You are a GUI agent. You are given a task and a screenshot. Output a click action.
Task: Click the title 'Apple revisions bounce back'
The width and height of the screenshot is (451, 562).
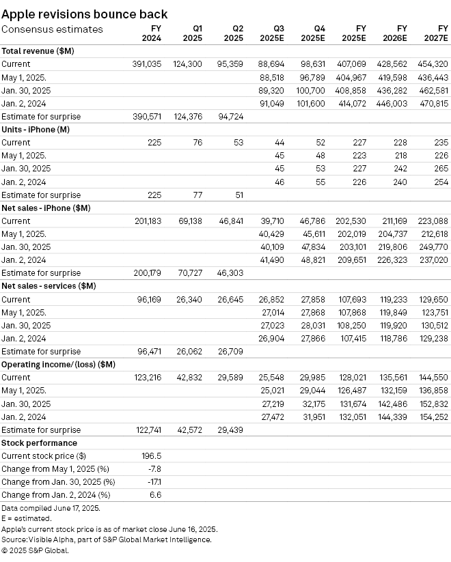[x=85, y=14]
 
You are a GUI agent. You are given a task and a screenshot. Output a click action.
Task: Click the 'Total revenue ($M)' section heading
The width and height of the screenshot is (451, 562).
[x=38, y=51]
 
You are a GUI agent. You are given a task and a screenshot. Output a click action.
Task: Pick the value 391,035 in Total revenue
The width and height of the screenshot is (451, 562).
[x=147, y=64]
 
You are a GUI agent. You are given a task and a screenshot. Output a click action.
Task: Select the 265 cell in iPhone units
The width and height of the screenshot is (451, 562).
[x=441, y=169]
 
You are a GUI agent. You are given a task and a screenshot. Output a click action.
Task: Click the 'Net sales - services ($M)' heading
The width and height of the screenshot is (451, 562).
[x=49, y=286]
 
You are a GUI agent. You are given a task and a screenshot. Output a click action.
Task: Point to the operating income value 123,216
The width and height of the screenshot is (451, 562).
[x=147, y=378]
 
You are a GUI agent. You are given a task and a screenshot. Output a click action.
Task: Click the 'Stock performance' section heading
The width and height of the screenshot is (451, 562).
[x=39, y=443]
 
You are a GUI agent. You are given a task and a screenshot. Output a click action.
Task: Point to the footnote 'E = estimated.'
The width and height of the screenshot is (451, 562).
[x=27, y=519]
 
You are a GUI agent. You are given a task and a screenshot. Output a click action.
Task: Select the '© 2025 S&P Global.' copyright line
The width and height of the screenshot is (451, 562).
[x=35, y=550]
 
